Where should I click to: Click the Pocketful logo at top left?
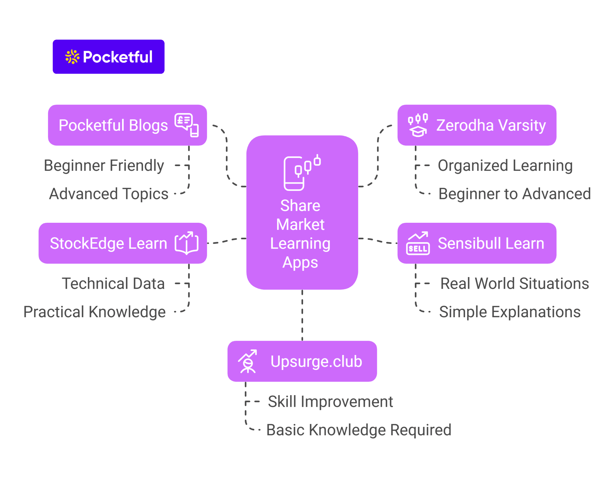coord(109,57)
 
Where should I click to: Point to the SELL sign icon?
coord(418,244)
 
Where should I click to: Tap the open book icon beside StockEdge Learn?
coord(186,243)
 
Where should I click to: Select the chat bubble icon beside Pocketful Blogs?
coord(186,125)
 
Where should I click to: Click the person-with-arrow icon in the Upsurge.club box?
coord(248,361)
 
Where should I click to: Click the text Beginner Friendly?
coord(104,165)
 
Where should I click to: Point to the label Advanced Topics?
coord(109,194)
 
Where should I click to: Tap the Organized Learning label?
coord(505,165)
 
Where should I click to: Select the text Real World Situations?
coord(514,283)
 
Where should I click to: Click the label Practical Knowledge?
coord(94,312)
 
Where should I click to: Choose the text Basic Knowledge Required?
coord(359,430)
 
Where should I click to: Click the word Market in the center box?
coord(300,225)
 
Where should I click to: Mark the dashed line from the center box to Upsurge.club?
coord(302,315)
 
